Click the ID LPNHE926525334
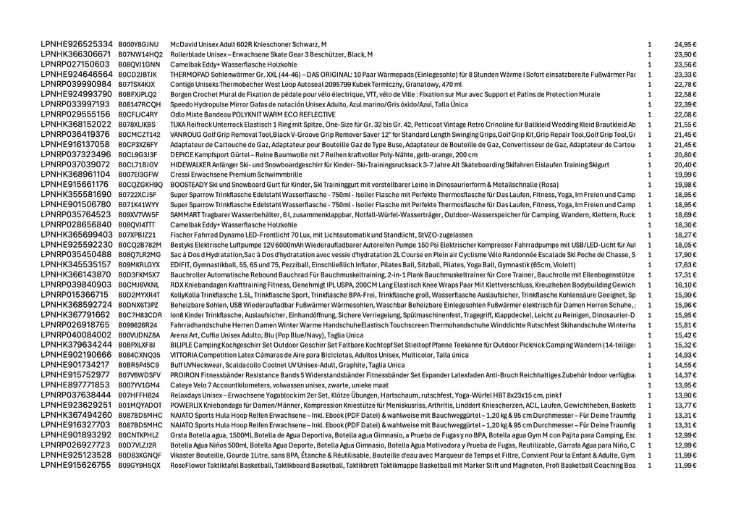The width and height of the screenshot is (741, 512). pos(77,44)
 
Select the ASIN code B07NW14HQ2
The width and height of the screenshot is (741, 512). pos(140,54)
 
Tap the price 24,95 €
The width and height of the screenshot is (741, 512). pos(685,44)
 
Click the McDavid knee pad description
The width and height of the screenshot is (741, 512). pos(248,44)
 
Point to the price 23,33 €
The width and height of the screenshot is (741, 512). pos(685,75)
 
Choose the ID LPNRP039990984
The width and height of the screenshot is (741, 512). pos(77,84)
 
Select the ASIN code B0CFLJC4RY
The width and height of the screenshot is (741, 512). pos(138,114)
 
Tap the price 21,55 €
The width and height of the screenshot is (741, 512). pos(685,125)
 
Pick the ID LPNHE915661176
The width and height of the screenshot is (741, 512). pos(77,185)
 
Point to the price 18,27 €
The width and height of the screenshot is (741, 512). pos(685,235)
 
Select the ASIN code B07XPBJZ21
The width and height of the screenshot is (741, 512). pos(137,235)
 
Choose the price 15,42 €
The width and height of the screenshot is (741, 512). pos(685,335)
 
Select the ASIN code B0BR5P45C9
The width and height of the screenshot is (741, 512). pos(138,365)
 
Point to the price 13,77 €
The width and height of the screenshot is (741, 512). pos(685,406)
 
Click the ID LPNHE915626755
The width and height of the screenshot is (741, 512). pos(77,465)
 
